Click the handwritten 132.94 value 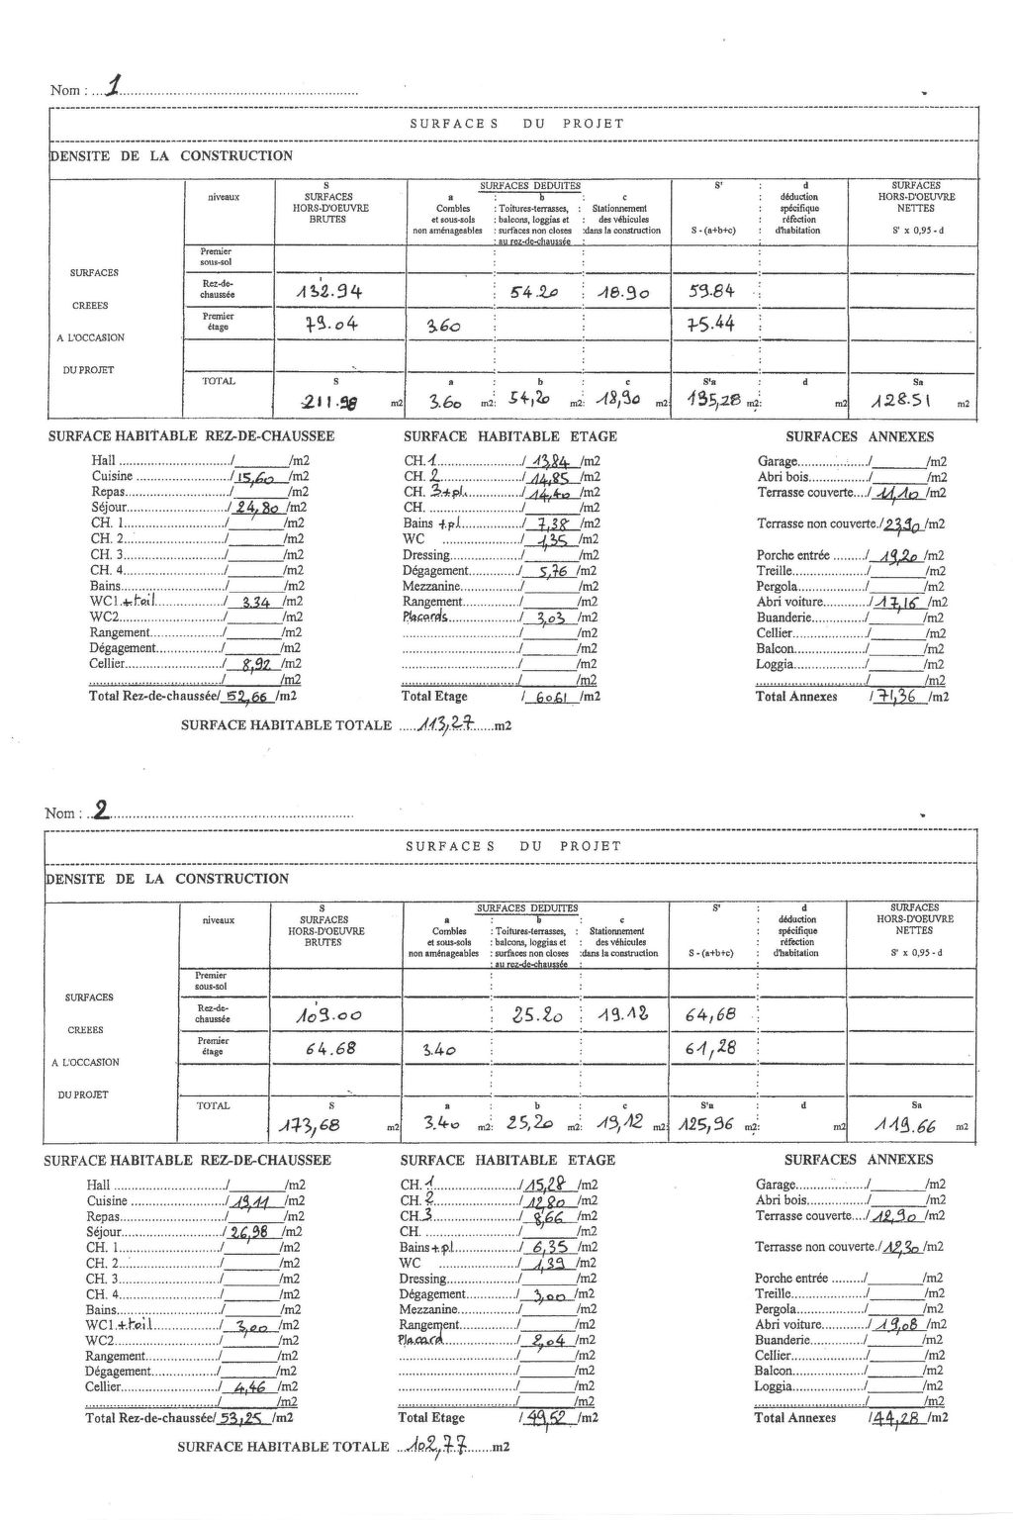click(330, 292)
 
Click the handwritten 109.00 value click(328, 1015)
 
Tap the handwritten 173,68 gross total click(328, 1125)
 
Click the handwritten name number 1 click(116, 88)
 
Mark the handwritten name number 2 click(100, 811)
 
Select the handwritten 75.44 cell click(710, 324)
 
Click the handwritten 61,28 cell click(710, 1048)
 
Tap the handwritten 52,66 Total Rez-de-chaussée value click(248, 695)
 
